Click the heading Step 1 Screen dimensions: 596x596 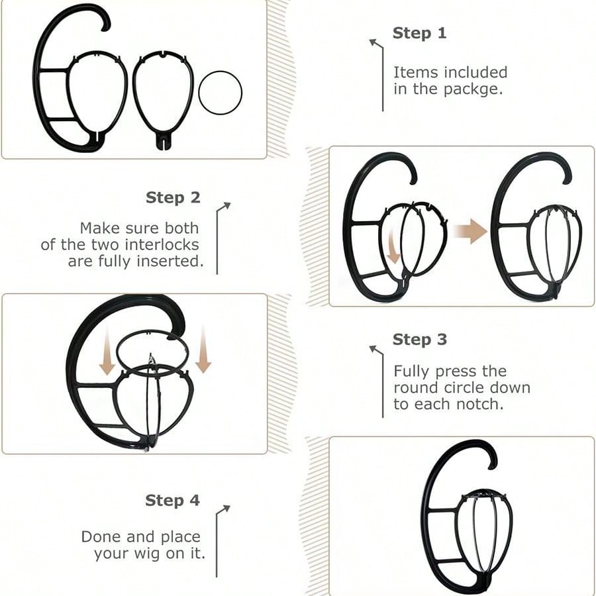[x=419, y=33]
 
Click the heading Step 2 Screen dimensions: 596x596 [x=173, y=197]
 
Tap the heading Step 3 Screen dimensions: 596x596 [x=420, y=339]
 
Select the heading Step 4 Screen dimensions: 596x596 [x=173, y=500]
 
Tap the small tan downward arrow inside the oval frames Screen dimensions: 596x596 [x=393, y=246]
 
